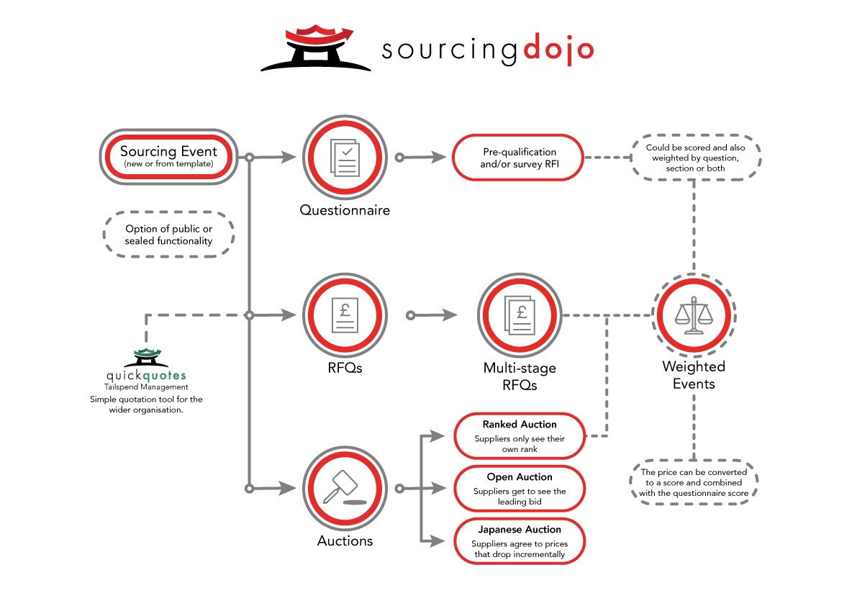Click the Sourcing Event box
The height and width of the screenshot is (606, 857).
[x=168, y=156]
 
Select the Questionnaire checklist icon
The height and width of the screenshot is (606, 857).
[x=345, y=156]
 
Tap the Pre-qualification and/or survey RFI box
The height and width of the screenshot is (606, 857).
[x=519, y=158]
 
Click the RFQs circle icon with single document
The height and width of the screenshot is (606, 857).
[x=345, y=315]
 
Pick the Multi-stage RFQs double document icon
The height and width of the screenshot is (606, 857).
[x=520, y=315]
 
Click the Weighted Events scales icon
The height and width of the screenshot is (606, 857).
[x=694, y=315]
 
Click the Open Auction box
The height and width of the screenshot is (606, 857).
[x=519, y=489]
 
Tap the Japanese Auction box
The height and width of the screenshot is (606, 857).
[x=519, y=541]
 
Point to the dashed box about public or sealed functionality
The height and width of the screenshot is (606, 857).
[x=169, y=235]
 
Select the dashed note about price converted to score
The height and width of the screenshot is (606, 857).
[x=694, y=483]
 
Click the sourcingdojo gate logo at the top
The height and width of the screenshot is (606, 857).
[x=315, y=48]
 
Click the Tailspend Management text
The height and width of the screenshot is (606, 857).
[x=146, y=387]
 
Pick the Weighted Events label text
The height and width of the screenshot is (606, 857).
[x=694, y=375]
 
